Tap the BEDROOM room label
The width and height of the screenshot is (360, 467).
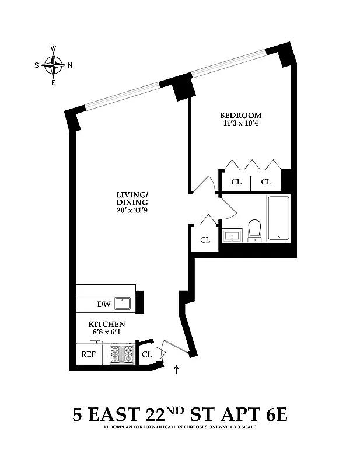[x=240, y=115]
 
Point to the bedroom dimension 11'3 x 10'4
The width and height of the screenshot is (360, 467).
[x=240, y=124]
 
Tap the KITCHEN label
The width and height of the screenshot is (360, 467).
[x=107, y=324]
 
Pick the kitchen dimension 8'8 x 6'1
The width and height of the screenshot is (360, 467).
[x=107, y=333]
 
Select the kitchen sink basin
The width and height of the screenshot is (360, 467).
[x=123, y=303]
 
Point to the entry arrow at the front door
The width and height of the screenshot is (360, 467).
[x=177, y=369]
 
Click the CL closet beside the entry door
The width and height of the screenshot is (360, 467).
[x=147, y=354]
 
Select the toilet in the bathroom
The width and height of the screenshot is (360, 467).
[x=254, y=229]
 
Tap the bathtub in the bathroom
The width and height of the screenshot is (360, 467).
[x=279, y=218]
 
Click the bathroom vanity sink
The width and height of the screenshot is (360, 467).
[x=232, y=236]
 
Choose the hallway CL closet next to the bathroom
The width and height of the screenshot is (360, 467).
[x=205, y=239]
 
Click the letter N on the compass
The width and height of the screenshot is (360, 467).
[x=70, y=65]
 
